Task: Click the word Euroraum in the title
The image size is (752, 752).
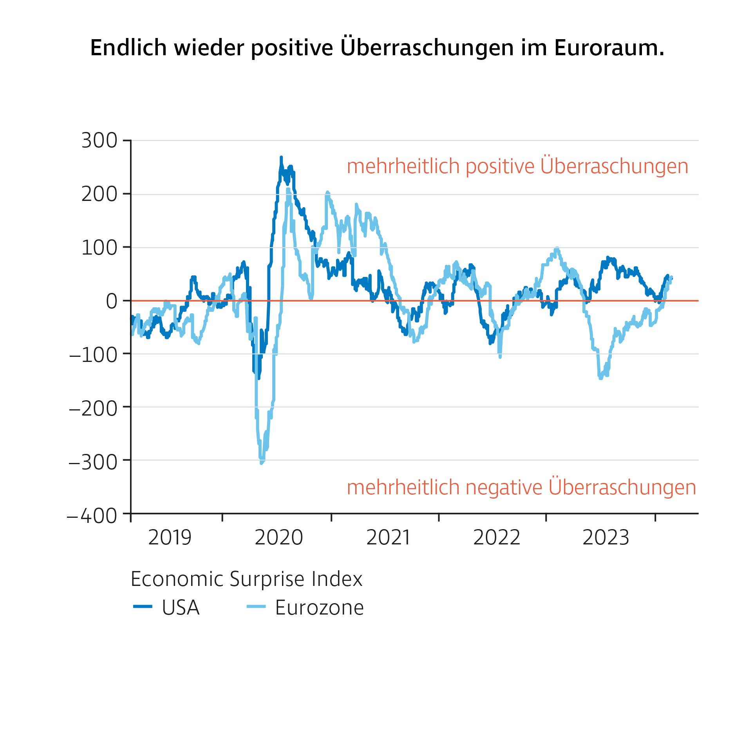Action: [609, 48]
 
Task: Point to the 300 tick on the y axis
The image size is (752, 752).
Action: [99, 141]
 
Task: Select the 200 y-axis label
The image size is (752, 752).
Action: [99, 194]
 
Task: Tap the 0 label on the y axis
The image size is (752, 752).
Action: [112, 301]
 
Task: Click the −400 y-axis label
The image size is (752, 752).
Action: [92, 516]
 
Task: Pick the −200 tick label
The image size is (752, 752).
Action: [93, 409]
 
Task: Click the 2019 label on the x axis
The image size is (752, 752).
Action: [170, 537]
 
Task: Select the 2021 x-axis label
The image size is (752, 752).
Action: [388, 537]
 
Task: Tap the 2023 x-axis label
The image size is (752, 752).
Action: [606, 537]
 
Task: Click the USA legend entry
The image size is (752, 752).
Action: [181, 607]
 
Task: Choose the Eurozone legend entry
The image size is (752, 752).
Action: [319, 607]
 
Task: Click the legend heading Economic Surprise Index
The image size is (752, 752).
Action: [246, 579]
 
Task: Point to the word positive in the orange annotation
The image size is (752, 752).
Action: [500, 166]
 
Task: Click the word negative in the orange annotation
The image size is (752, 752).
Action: [504, 488]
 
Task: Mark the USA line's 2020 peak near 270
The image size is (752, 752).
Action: [281, 157]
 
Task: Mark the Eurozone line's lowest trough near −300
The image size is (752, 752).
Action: [261, 463]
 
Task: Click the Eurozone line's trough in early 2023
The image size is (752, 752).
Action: [600, 378]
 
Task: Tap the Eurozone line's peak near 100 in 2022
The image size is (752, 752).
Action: [557, 249]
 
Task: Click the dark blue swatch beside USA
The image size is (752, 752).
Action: [143, 607]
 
